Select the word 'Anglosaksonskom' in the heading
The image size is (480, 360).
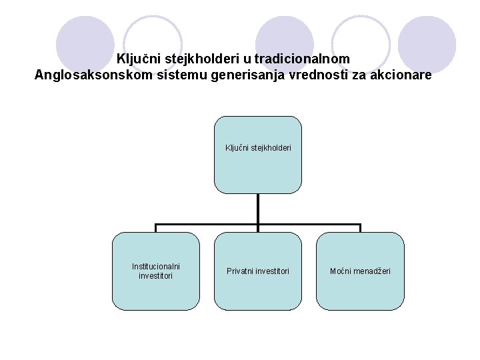(88, 76)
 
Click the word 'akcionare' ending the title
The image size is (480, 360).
(400, 76)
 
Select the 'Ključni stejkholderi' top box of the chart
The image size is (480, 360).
(257, 155)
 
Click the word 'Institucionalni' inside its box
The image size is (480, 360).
(155, 267)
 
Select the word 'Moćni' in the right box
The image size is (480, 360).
(341, 271)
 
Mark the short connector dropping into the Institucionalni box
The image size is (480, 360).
(155, 228)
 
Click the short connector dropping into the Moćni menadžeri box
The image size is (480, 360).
(360, 228)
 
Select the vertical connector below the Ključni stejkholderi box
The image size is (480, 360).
(257, 208)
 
